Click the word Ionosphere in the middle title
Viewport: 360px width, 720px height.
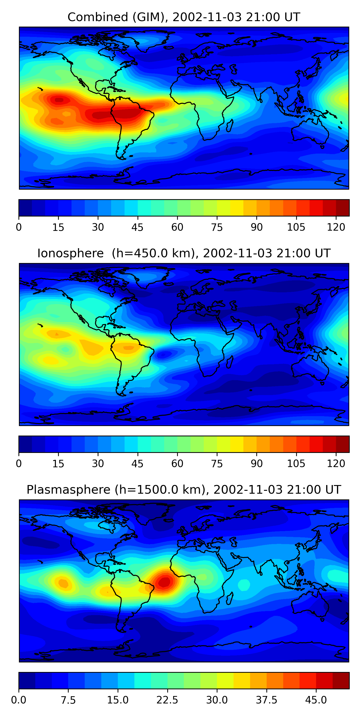pos(70,253)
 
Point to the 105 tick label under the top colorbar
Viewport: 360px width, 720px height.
pos(296,228)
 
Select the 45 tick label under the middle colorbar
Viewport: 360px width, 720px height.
pos(137,464)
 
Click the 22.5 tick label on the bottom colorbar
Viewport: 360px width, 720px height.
pos(167,700)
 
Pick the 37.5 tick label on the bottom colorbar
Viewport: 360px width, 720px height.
pos(266,700)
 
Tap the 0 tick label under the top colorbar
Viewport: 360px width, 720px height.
pos(19,228)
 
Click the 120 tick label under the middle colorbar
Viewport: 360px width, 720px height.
pos(336,464)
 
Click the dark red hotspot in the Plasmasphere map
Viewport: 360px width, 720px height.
pos(164,582)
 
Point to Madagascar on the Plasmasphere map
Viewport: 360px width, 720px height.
pos(229,598)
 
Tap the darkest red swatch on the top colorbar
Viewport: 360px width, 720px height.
pos(342,208)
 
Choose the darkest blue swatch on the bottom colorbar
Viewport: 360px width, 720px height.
pos(27,681)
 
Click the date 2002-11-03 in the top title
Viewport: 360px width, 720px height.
pos(207,17)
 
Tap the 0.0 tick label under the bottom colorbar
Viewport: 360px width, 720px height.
pos(19,700)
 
